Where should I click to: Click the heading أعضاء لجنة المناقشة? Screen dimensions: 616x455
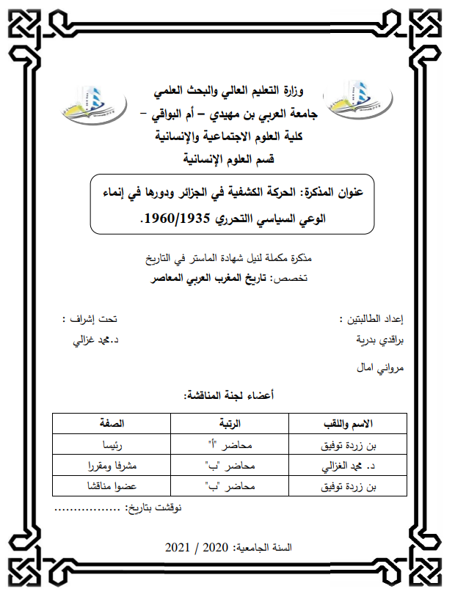(228, 396)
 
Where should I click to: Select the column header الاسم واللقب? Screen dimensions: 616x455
(349, 424)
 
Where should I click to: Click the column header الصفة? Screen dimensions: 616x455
(112, 424)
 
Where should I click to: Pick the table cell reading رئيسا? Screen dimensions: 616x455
(112, 444)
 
